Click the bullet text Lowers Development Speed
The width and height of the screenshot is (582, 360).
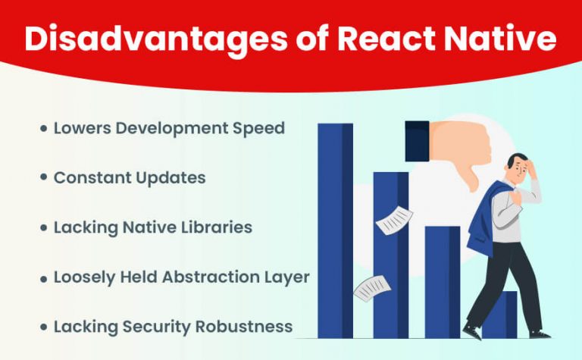tap(169, 127)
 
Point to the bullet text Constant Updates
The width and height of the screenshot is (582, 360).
tap(129, 177)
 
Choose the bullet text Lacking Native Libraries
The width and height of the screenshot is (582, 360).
tap(152, 227)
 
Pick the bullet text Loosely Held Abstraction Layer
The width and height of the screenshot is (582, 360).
tap(181, 277)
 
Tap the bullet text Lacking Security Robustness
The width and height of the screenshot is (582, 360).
tap(173, 327)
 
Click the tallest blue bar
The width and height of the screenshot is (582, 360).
tap(334, 227)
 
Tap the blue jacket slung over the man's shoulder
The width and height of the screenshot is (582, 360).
tap(480, 220)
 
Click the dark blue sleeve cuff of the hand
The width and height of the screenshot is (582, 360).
tap(418, 141)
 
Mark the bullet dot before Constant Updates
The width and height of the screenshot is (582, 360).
tap(43, 178)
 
